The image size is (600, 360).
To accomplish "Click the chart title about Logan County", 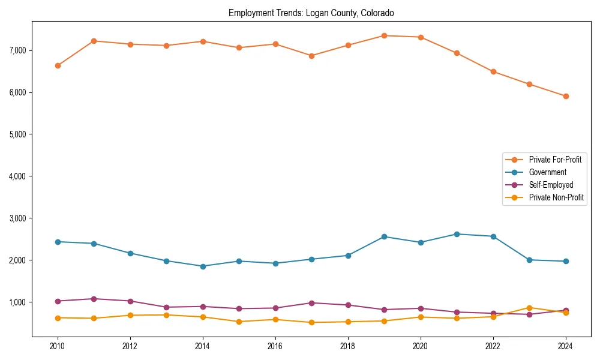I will (311, 13).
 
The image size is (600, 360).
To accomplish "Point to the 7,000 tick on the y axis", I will (17, 50).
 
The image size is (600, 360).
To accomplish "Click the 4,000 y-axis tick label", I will (17, 176).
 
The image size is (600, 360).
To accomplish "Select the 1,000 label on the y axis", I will (17, 302).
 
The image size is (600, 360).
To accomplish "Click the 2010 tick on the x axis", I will (58, 346).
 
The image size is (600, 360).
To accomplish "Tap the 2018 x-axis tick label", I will (348, 346).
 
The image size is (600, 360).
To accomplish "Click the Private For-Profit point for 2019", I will (384, 35).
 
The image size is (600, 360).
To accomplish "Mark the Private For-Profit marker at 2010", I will (58, 65).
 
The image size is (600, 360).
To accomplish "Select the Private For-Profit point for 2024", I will (566, 96).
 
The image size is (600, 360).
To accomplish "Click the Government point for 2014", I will (203, 266).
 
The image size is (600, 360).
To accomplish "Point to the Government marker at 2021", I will (457, 234).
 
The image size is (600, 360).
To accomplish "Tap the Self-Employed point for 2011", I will (94, 299).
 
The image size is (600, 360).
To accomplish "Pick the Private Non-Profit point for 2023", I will (529, 308).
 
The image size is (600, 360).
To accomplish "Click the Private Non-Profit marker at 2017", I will (311, 322).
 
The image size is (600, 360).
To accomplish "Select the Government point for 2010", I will (58, 242).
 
